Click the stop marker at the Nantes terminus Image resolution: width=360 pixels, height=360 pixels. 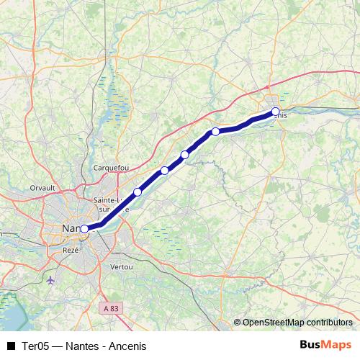(x=84, y=229)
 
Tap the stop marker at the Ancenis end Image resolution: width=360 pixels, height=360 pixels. (x=275, y=112)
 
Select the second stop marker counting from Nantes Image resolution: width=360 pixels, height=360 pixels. (x=138, y=192)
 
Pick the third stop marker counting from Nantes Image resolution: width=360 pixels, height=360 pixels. (x=165, y=171)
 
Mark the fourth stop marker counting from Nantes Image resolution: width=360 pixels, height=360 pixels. (x=185, y=155)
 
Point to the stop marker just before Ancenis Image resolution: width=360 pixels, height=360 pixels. (x=215, y=132)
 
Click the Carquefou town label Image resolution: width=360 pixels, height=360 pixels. (x=111, y=168)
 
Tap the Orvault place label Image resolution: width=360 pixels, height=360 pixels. (x=43, y=187)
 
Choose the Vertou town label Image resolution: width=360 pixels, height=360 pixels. (x=121, y=266)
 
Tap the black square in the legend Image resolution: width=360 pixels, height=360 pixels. (x=11, y=346)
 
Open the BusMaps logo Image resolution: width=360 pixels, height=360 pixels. (x=325, y=345)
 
